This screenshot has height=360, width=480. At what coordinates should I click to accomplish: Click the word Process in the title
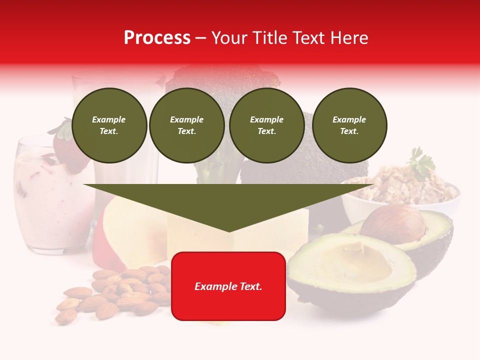(x=157, y=38)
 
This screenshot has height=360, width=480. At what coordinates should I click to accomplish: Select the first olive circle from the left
(x=109, y=125)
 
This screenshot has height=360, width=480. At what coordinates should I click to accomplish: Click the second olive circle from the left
(x=187, y=125)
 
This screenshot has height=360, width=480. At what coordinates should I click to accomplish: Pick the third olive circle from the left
(x=266, y=125)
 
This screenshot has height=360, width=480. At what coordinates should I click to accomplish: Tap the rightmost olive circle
(x=349, y=125)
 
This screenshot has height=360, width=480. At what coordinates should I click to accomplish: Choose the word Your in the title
(x=230, y=38)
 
